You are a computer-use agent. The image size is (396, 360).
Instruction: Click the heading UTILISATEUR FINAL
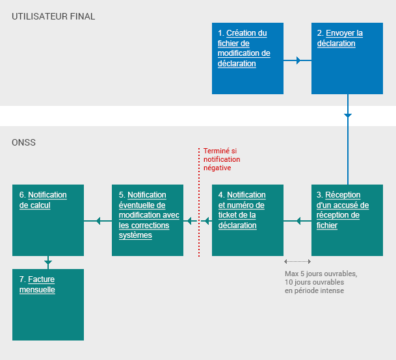[53, 16]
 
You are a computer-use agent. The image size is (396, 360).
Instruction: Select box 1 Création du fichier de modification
[248, 58]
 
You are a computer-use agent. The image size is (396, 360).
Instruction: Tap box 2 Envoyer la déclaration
[347, 58]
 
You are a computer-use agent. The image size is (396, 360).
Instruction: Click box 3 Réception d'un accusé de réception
[347, 220]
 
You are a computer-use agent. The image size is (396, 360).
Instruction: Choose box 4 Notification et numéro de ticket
[248, 220]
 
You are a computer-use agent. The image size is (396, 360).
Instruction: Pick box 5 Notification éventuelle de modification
[148, 220]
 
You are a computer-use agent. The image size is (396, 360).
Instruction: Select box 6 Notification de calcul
[48, 220]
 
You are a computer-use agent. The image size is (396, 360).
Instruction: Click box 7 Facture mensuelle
[48, 304]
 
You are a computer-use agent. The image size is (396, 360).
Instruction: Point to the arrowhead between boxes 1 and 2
[298, 60]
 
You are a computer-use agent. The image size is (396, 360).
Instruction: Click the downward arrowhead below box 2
[347, 115]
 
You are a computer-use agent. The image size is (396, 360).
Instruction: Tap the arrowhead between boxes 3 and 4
[298, 222]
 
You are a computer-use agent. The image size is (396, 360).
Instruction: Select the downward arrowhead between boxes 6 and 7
[48, 263]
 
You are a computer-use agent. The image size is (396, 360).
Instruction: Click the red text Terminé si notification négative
[221, 159]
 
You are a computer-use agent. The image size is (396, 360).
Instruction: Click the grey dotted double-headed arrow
[297, 261]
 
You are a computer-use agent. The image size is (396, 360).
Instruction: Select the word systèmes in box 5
[135, 235]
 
